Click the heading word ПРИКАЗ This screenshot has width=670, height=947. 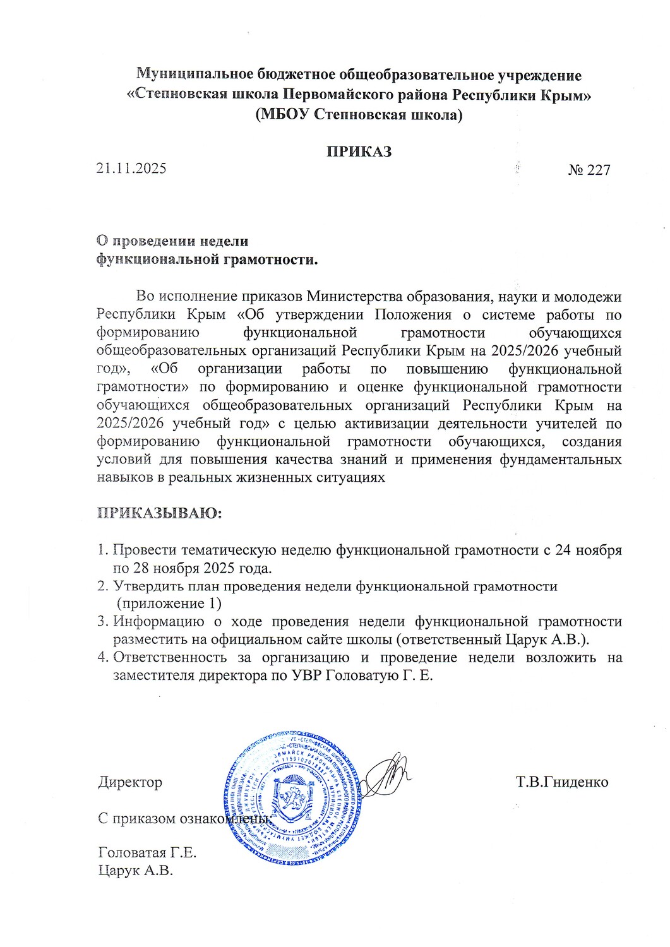coord(358,152)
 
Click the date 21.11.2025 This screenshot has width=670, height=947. coord(131,169)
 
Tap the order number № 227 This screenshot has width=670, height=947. coord(589,170)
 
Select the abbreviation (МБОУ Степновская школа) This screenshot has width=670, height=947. coord(359,115)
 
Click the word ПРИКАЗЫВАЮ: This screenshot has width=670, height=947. coord(159,513)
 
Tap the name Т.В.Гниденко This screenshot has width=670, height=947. coord(561,782)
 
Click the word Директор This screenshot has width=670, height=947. coord(130,782)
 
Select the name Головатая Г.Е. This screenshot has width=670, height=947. coord(148,852)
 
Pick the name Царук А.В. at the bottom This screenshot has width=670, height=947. coord(136,871)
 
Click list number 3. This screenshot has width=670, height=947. coord(102,621)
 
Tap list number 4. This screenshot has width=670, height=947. coord(102,657)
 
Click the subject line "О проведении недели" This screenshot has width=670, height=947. coord(172,241)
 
